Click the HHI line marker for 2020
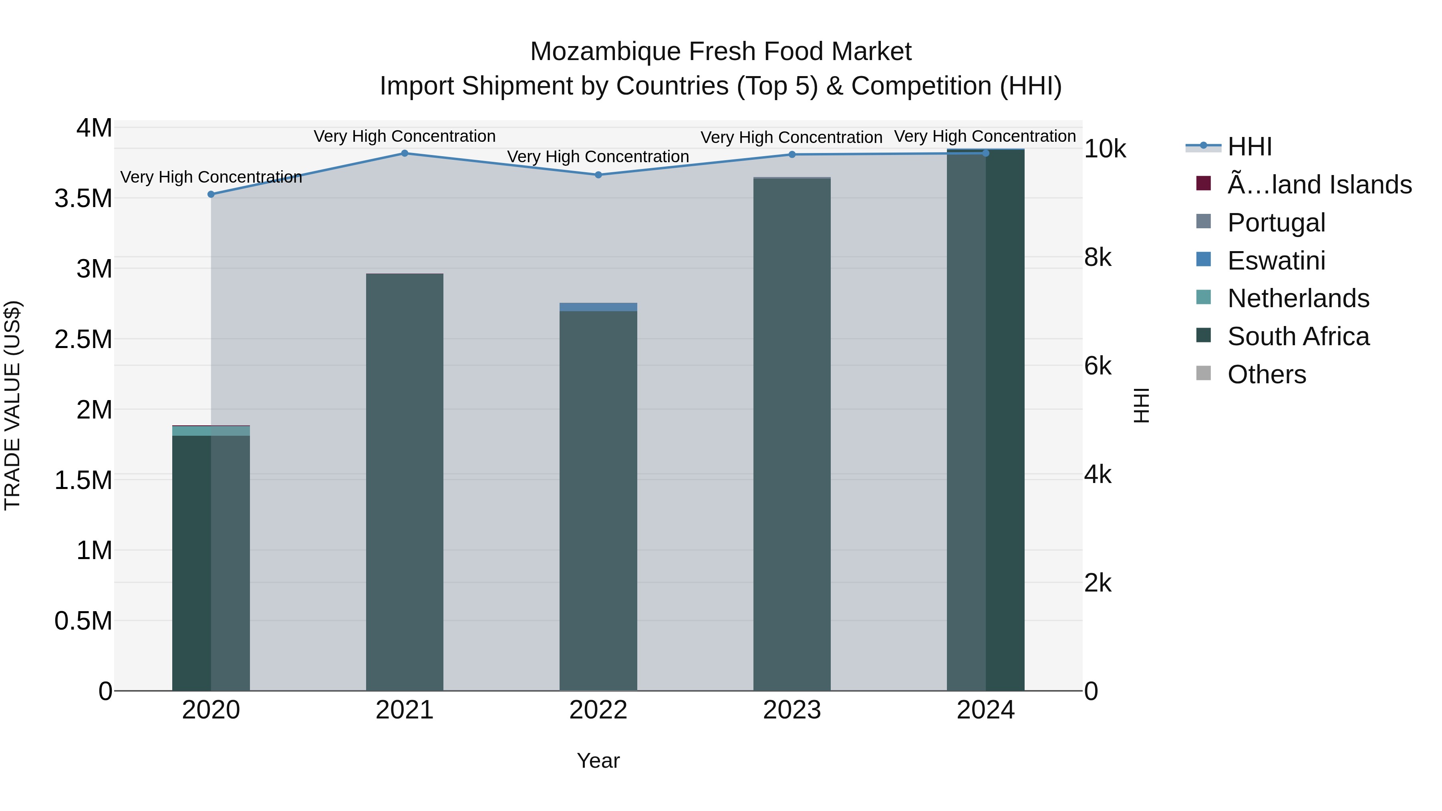pyautogui.click(x=211, y=194)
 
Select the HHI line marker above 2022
pyautogui.click(x=598, y=175)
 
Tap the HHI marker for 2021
pyautogui.click(x=405, y=153)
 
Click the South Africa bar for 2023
pyautogui.click(x=791, y=437)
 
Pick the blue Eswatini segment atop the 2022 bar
pyautogui.click(x=598, y=307)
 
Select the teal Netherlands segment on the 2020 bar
pyautogui.click(x=211, y=431)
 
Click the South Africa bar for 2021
pyautogui.click(x=405, y=481)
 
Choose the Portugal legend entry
pyautogui.click(x=1276, y=222)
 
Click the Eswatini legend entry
pyautogui.click(x=1276, y=260)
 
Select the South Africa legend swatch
pyautogui.click(x=1203, y=336)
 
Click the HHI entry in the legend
pyautogui.click(x=1249, y=147)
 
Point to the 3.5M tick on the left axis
pyautogui.click(x=83, y=199)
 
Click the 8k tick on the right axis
pyautogui.click(x=1097, y=258)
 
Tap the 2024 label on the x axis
pyautogui.click(x=985, y=710)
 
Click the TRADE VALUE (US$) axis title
pyautogui.click(x=12, y=405)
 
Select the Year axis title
pyautogui.click(x=598, y=761)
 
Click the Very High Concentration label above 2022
pyautogui.click(x=598, y=157)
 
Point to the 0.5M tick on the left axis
pyautogui.click(x=83, y=621)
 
